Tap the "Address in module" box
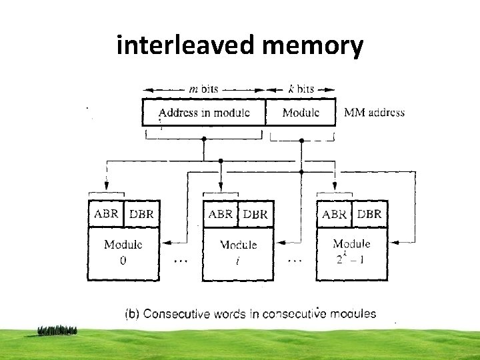pos(204,112)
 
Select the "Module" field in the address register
pos(301,112)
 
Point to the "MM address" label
pos(374,112)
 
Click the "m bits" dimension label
pos(204,89)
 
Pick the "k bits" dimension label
pos(301,89)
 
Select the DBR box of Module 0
pos(141,214)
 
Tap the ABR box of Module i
pos(221,214)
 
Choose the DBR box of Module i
pos(255,214)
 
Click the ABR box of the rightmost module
pos(334,214)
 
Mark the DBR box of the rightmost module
pos(369,214)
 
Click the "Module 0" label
pos(123,252)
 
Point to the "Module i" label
pos(238,252)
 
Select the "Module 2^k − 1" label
pos(351,252)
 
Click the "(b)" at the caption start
pos(133,313)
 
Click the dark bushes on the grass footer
pos(57,330)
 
